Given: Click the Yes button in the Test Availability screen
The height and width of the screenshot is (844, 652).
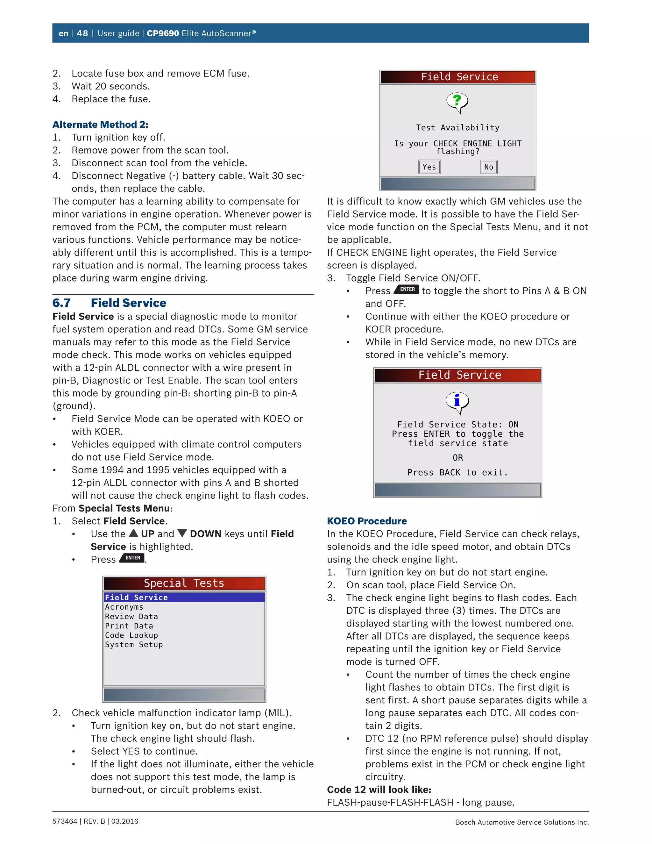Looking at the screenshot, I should click(x=429, y=167).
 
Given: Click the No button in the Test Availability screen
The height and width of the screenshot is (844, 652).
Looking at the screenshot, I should click(x=489, y=167).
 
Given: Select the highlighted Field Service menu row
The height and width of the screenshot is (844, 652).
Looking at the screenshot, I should click(x=184, y=597).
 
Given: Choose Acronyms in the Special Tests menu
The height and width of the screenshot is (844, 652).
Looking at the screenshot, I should click(x=124, y=607).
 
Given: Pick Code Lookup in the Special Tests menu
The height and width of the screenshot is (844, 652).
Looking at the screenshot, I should click(x=131, y=635).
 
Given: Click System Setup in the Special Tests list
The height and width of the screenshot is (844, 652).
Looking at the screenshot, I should click(x=134, y=645).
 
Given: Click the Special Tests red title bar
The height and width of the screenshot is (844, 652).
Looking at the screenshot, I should click(x=184, y=583).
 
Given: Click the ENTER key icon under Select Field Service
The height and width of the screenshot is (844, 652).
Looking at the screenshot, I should click(x=132, y=558).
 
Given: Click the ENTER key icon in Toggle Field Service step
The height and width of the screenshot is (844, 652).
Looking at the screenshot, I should click(x=407, y=290).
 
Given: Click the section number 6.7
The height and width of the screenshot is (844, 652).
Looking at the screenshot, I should click(x=61, y=303).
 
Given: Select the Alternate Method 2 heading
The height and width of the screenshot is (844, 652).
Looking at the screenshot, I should click(x=100, y=125).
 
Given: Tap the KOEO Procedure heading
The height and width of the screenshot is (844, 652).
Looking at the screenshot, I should click(x=366, y=521).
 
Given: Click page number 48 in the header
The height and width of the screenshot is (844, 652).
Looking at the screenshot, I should click(x=82, y=33).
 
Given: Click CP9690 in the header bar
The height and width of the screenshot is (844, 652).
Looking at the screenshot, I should click(x=163, y=33).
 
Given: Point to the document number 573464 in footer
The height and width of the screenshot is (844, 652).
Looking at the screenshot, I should click(x=65, y=821).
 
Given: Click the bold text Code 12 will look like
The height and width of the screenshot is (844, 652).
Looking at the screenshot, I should click(x=379, y=790).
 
